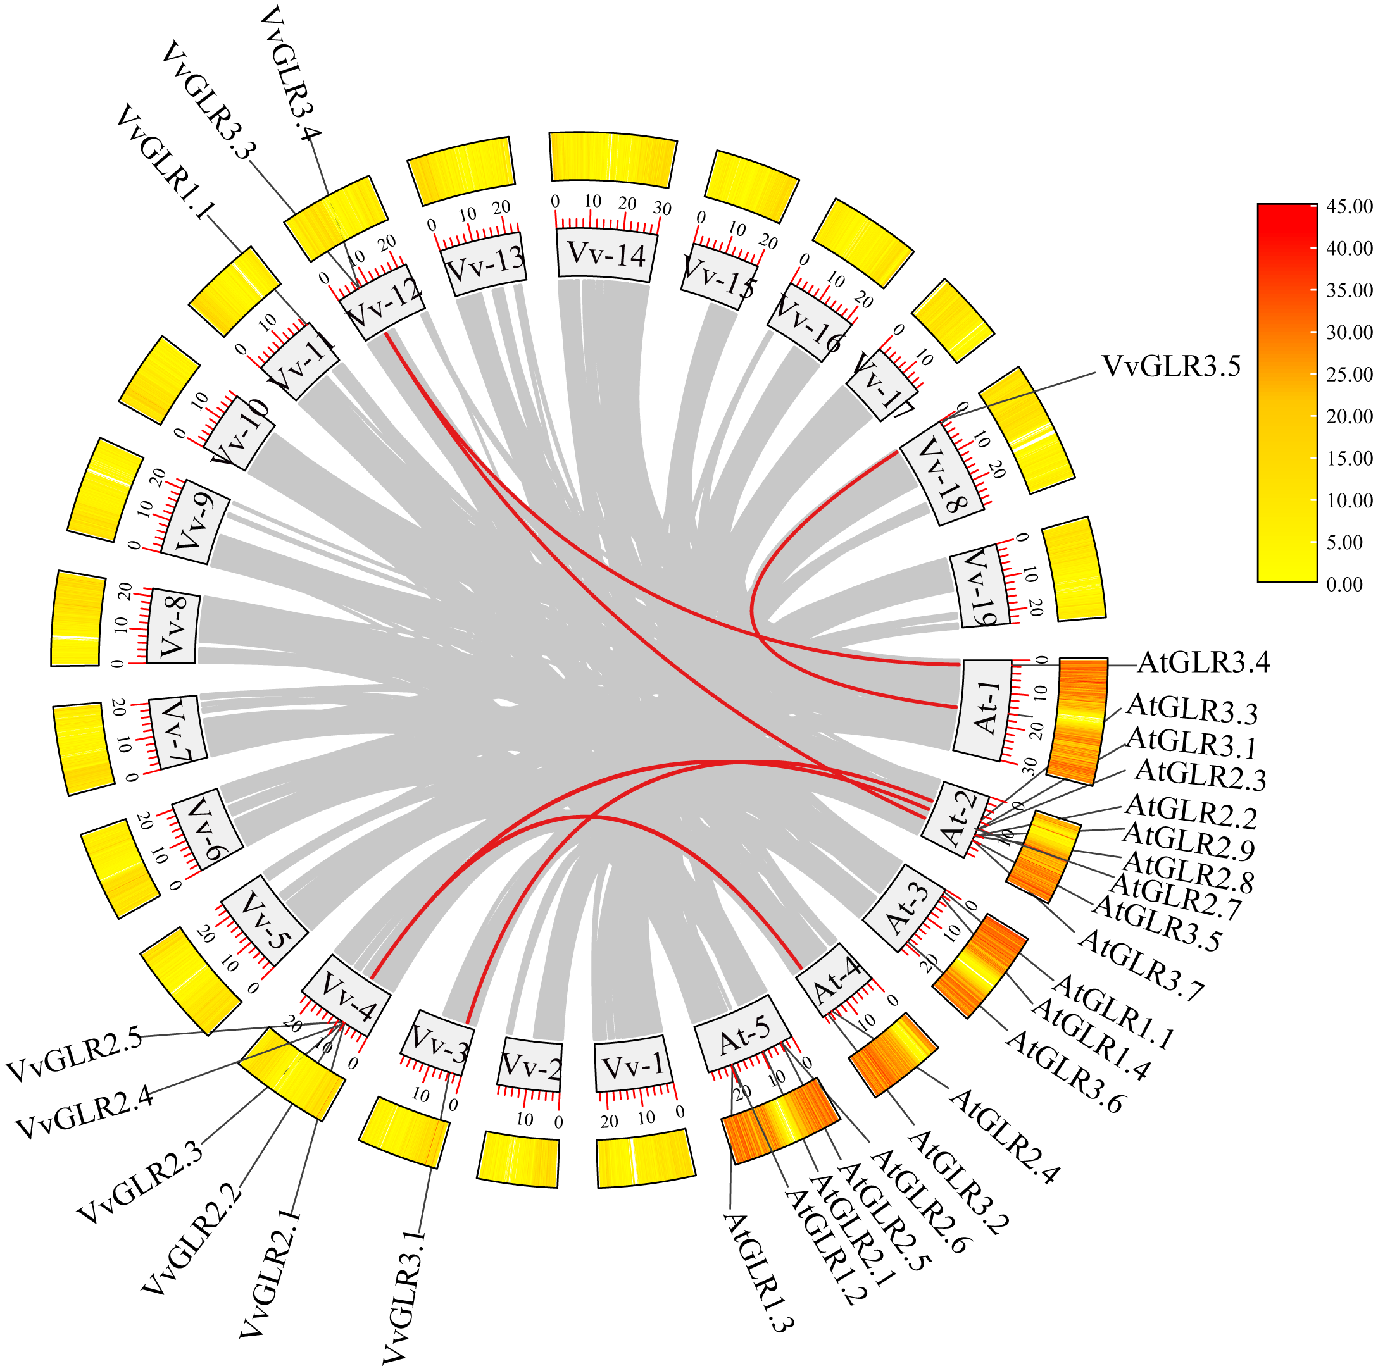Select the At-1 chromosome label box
click(987, 709)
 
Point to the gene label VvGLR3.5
click(1171, 366)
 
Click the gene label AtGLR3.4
click(1203, 663)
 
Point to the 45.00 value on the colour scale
click(1349, 207)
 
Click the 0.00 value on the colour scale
click(1344, 585)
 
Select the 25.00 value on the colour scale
click(1349, 375)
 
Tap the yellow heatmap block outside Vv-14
click(613, 157)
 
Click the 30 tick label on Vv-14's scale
click(663, 209)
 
